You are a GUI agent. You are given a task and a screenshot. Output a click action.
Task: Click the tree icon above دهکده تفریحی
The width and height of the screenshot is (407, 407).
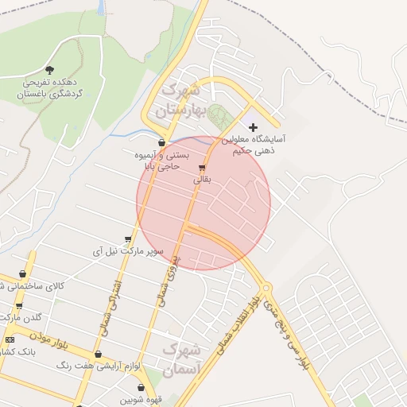coord(51,70)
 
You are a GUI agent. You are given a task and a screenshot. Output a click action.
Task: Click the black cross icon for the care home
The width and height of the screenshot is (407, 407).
coord(254,127)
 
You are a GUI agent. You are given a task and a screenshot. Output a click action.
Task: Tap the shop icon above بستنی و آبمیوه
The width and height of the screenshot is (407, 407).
coord(162,144)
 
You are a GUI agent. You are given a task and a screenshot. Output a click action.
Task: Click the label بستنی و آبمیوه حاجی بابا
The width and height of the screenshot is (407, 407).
coord(166,161)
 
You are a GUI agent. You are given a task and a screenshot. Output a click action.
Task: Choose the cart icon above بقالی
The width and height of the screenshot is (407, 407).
coord(202,169)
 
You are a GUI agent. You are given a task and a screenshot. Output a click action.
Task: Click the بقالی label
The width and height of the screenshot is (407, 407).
coord(202,180)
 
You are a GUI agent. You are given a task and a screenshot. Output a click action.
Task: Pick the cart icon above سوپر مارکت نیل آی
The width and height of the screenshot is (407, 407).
coord(128,239)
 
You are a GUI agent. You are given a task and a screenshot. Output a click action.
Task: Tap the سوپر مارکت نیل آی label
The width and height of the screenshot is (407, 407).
coord(128,251)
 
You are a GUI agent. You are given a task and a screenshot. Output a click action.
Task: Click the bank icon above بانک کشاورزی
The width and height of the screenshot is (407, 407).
coord(9,340)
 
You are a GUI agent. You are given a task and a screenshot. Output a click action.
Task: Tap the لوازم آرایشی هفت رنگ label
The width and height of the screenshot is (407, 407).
coord(99,366)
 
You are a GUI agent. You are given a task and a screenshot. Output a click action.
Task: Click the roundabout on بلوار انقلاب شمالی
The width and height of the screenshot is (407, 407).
coord(266,288)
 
